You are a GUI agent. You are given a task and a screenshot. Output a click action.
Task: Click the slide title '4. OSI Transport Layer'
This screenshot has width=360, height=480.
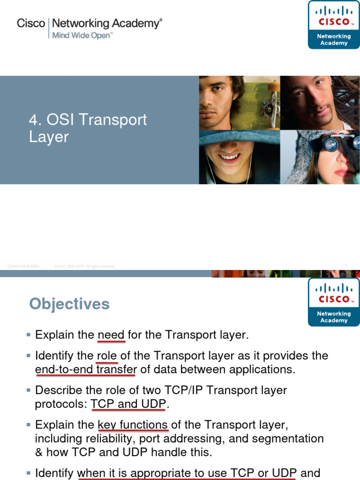[x=88, y=128]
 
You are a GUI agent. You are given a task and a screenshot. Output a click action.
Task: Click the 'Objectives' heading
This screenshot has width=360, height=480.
[x=69, y=304]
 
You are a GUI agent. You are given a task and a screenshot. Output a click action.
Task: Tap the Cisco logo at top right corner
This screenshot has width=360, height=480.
[x=334, y=24]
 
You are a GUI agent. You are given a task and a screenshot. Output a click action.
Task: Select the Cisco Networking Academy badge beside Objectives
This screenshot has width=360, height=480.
[x=334, y=302]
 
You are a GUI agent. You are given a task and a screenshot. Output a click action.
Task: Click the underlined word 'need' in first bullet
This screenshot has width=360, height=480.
[x=111, y=335]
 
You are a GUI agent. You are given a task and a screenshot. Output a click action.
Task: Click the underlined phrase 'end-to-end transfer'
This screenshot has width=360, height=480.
[x=86, y=369]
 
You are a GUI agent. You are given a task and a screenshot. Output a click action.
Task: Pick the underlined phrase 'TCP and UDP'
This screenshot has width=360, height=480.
[x=128, y=404]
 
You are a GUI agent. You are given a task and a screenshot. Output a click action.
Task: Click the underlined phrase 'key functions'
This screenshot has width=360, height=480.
[x=133, y=425]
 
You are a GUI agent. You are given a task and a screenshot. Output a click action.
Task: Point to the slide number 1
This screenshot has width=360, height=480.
[x=346, y=266]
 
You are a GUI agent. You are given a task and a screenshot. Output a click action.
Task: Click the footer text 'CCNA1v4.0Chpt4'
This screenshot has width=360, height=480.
[x=23, y=266]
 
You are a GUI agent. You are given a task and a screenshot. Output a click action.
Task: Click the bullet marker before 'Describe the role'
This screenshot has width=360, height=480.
[x=29, y=390]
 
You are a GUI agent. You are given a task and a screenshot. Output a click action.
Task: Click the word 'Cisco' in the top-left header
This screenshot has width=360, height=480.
[x=31, y=23]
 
